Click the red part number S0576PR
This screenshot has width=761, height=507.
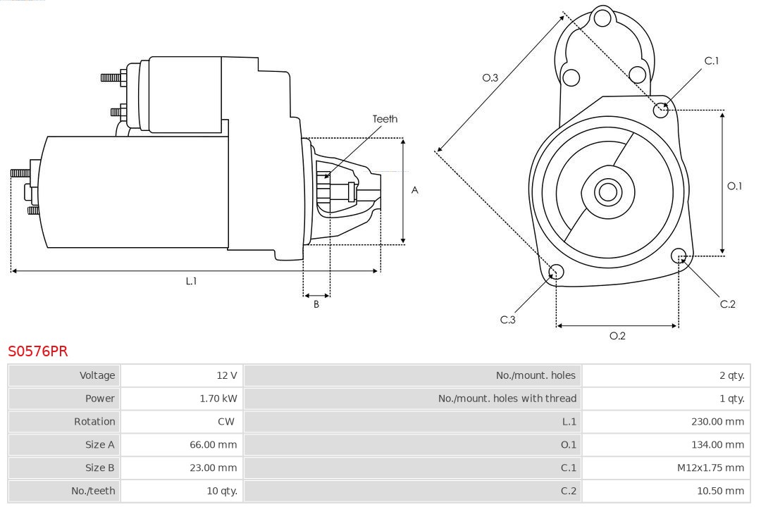(38, 351)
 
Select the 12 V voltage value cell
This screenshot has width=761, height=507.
(227, 375)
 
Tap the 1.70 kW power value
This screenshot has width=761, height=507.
(218, 399)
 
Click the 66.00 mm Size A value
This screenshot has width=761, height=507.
(214, 444)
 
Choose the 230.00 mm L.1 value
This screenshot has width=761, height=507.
(717, 422)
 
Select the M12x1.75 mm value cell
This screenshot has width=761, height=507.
(710, 468)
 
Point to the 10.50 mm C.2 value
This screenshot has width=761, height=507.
(720, 491)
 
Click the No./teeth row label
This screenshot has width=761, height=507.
(93, 491)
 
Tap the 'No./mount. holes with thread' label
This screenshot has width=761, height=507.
(507, 399)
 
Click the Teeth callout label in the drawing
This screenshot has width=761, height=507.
(385, 119)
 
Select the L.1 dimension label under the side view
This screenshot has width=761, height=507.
(191, 281)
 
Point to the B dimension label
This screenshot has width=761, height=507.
(316, 305)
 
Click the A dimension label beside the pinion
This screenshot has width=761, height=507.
(415, 190)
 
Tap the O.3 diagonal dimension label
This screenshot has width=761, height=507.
(490, 77)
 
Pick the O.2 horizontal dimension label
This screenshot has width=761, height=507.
(617, 336)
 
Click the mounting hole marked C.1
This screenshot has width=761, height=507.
(661, 109)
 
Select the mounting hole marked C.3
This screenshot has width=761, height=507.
(556, 272)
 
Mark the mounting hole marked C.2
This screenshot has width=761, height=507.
(679, 255)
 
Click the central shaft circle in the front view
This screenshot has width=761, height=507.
(607, 192)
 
